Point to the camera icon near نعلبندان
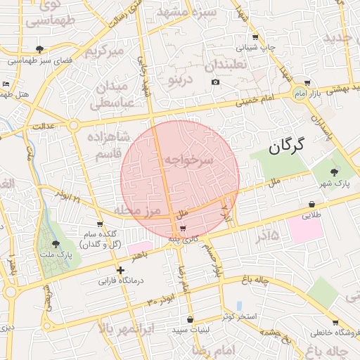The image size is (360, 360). coord(215,82)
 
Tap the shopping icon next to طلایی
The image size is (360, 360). coord(311,205)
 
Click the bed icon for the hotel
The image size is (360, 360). coord(6,84)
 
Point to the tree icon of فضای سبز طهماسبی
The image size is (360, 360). coord(39,49)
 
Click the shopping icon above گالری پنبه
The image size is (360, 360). coord(183,229)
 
